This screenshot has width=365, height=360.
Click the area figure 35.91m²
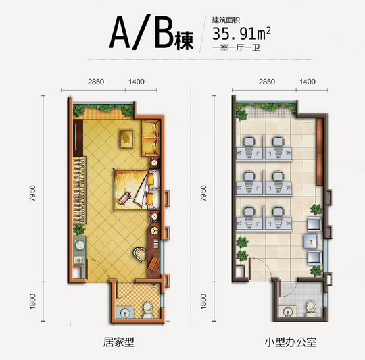(x=241, y=34)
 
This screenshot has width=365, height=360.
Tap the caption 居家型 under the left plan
(x=119, y=342)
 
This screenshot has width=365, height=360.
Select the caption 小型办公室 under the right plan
(x=291, y=342)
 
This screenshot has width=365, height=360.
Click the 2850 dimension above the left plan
(x=96, y=82)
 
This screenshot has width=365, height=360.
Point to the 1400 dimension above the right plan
(x=308, y=82)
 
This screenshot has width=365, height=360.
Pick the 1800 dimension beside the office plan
(x=203, y=301)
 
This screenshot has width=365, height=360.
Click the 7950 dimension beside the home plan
(x=32, y=193)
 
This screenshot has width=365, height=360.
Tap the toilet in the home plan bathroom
(x=147, y=310)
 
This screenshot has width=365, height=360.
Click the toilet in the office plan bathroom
(x=310, y=309)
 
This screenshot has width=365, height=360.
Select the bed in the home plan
(x=137, y=190)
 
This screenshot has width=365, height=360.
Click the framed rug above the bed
(x=126, y=139)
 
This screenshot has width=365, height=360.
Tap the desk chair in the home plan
(x=139, y=254)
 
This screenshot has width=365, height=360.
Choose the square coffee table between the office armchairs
(x=310, y=242)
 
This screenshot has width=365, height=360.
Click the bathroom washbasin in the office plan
(x=288, y=311)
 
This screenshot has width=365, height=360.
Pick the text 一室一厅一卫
(x=237, y=48)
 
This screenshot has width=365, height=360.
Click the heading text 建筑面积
(x=226, y=20)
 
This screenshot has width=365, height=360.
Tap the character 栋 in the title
(x=185, y=41)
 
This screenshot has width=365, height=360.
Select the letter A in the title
(x=120, y=32)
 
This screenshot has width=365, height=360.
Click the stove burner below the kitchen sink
(x=79, y=260)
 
